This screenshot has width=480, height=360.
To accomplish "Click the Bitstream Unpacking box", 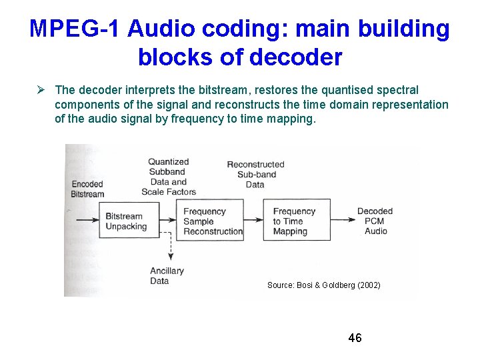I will click(131, 221).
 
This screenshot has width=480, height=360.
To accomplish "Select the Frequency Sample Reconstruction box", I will click(213, 221).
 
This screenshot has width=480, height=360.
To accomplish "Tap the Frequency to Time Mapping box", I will click(296, 221).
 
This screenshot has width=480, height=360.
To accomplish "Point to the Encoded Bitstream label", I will click(87, 189).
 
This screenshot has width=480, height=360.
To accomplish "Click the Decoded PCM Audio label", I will click(375, 221).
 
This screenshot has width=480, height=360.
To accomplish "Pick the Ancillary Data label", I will click(167, 276).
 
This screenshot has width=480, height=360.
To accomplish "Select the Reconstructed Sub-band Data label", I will click(255, 174).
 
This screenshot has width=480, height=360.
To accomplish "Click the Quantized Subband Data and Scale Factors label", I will click(168, 177).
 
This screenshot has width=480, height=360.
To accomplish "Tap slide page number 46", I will click(355, 338).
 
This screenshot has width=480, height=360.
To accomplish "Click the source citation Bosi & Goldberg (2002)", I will click(323, 285).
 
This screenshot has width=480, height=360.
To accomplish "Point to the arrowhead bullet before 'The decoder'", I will click(42, 89).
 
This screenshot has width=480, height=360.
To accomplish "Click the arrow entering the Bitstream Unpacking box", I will click(87, 219).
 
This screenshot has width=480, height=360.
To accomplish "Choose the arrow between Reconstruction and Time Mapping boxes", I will click(253, 219).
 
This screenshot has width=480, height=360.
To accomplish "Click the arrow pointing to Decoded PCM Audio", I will click(343, 219).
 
